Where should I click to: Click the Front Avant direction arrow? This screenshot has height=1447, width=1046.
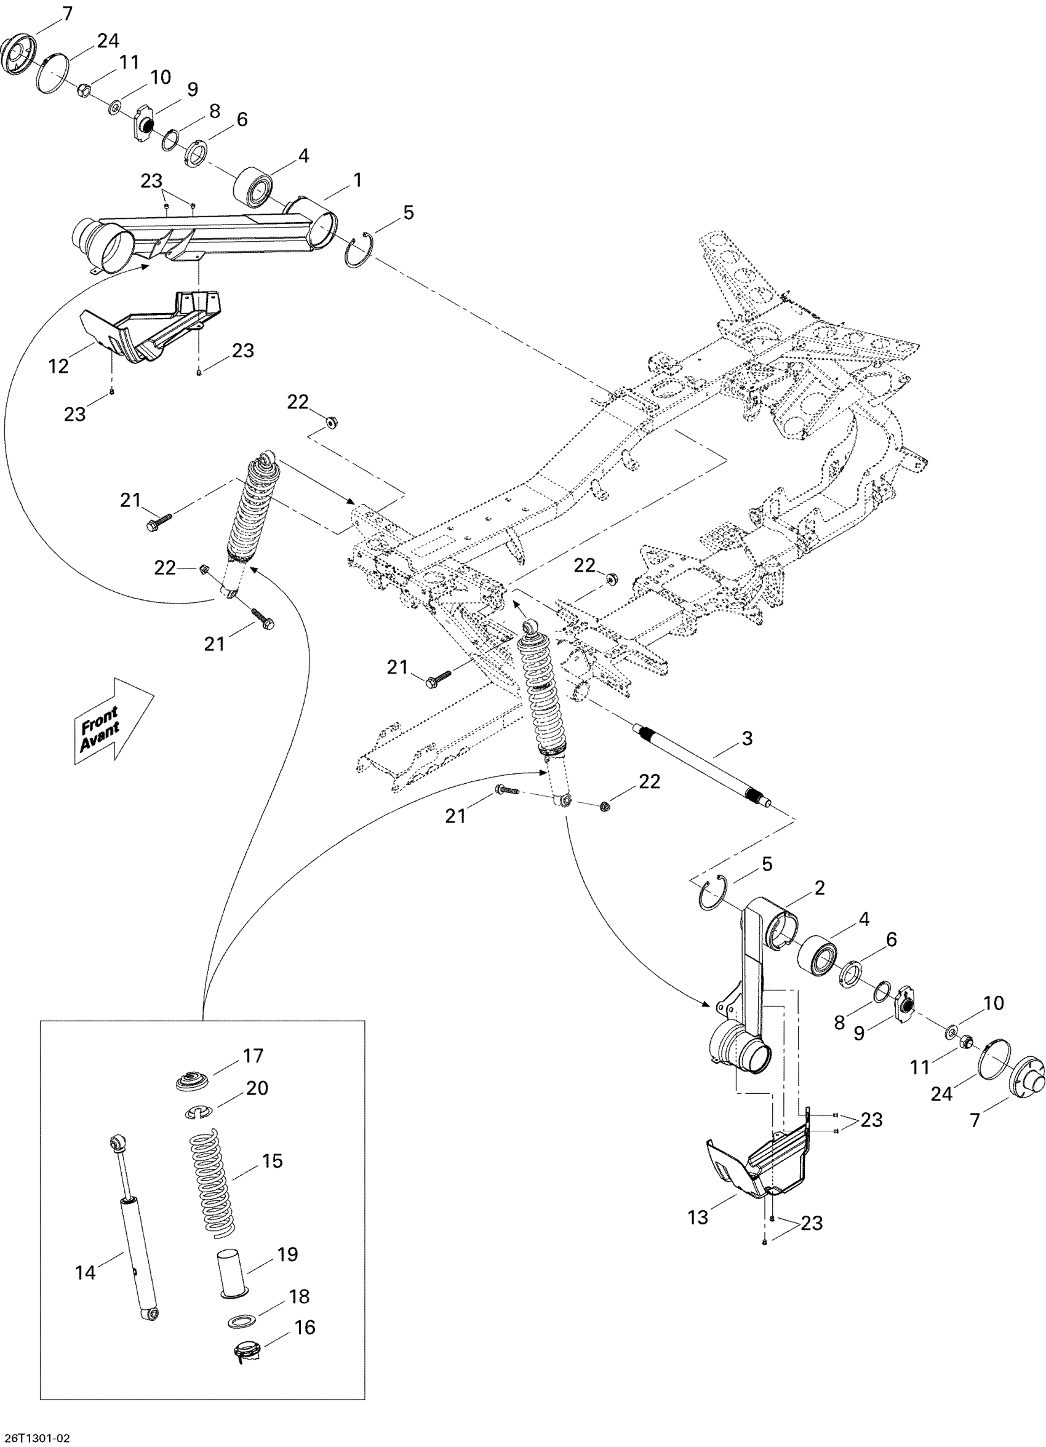coord(114,721)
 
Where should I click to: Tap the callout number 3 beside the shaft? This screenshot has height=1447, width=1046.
coord(746,739)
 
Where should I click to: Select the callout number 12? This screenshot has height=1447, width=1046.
coord(58,366)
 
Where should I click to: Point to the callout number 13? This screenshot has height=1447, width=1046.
coord(698,1218)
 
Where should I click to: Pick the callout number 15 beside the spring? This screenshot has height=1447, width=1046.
coord(272,1160)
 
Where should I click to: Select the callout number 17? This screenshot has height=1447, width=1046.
coord(253,1056)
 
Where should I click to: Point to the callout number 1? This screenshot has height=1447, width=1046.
coord(357,180)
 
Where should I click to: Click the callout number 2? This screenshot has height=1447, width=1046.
coord(820,888)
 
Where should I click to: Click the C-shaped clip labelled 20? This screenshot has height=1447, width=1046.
coord(199,1113)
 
